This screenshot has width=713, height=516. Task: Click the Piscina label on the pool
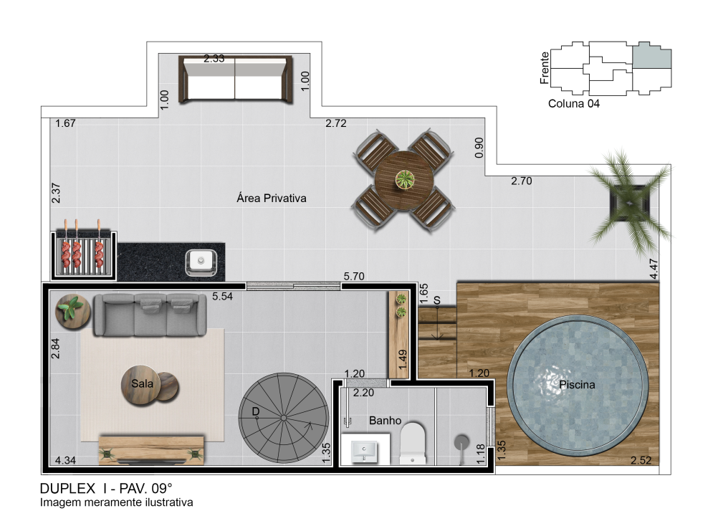pos(577,385)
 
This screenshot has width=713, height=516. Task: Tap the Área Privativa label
pos(272,199)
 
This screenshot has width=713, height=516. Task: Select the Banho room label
pos(385,421)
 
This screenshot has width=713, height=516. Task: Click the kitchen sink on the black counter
pos(201,262)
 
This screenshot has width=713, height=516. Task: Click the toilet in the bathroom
pos(413,443)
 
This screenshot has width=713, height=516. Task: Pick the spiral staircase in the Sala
pos(283,418)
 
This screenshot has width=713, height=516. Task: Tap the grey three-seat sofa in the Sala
pos(150,315)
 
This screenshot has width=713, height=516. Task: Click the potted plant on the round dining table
pos(404,179)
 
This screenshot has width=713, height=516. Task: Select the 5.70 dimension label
pos(354,277)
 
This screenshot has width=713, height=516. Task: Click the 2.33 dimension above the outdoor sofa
pos(214,59)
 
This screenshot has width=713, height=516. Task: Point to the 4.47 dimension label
pos(654,269)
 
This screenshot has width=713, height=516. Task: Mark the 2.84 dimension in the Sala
pos(55,349)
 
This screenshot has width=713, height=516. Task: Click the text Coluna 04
pos(573,104)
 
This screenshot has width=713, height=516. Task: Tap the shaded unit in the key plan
pos(652,55)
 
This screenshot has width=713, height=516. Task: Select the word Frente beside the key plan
pos(545,68)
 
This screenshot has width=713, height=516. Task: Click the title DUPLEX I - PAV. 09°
pos(106,489)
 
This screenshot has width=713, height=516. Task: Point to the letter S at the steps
pos(437,300)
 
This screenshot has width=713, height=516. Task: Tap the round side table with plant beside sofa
pos(72,311)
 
